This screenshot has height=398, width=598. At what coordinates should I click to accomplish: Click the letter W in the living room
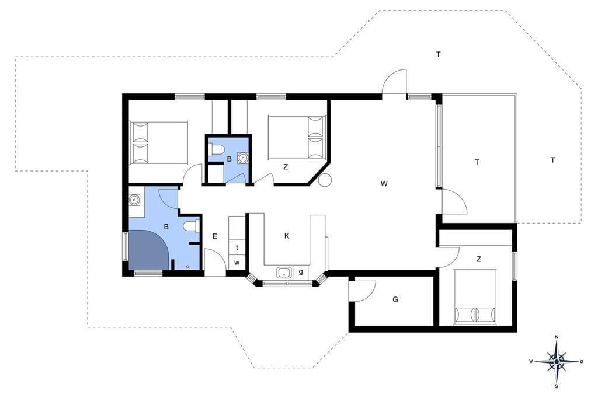pyautogui.click(x=384, y=183)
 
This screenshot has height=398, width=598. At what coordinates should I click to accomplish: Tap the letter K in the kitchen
pyautogui.click(x=287, y=236)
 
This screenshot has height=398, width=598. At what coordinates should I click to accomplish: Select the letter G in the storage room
pyautogui.click(x=395, y=299)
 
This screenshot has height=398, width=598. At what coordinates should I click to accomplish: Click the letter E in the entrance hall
pyautogui.click(x=215, y=236)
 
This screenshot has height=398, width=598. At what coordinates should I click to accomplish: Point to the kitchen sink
pyautogui.click(x=283, y=273)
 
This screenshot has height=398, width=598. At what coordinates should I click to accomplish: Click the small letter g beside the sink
pyautogui.click(x=301, y=272)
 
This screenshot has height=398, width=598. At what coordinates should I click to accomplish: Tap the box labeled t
pyautogui.click(x=237, y=247)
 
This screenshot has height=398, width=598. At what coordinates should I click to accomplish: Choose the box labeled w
pyautogui.click(x=237, y=263)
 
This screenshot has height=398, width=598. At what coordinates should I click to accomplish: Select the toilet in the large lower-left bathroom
pyautogui.click(x=191, y=226)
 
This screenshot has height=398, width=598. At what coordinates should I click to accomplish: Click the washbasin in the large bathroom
pyautogui.click(x=134, y=200)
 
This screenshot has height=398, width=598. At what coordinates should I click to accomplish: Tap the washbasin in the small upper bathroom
pyautogui.click(x=242, y=157)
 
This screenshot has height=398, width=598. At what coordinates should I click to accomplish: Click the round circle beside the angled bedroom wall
pyautogui.click(x=325, y=180)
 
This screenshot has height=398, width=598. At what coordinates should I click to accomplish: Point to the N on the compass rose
pyautogui.click(x=557, y=337)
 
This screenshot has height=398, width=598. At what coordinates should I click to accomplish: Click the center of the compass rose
pyautogui.click(x=557, y=361)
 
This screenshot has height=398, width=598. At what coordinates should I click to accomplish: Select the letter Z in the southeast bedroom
pyautogui.click(x=479, y=259)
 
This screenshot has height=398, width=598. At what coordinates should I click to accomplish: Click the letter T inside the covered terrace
pyautogui.click(x=477, y=162)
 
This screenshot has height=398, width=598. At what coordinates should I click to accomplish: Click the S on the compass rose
pyautogui.click(x=557, y=386)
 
